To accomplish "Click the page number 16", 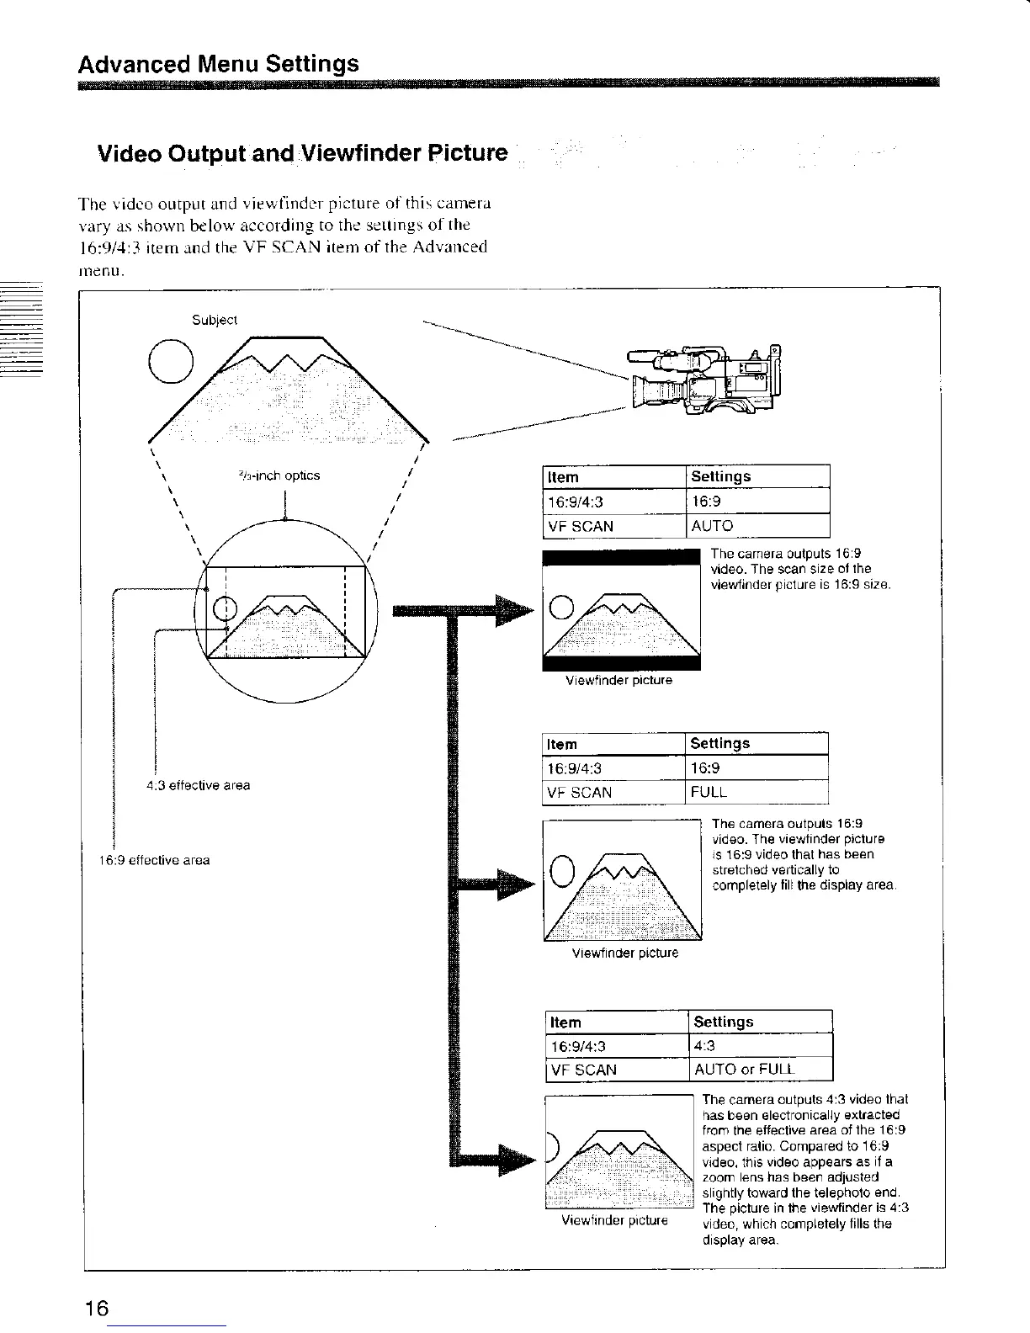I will pos(96,1309).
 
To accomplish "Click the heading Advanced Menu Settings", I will pos(218,64).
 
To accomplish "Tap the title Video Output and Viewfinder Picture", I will pos(303,154).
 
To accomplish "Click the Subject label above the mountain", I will pos(215,320).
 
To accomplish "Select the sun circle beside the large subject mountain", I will pos(171,359).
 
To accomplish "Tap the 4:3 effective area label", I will pos(199,785).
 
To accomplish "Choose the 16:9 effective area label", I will pos(154,860).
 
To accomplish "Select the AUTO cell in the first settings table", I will pos(712,526).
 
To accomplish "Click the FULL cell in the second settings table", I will pos(709,792).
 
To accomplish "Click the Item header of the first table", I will pos(563,477).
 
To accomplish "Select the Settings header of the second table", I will pos(719,743).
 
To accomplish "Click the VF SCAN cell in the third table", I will pos(582,1070).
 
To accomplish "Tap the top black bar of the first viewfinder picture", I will pos(622,556).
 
